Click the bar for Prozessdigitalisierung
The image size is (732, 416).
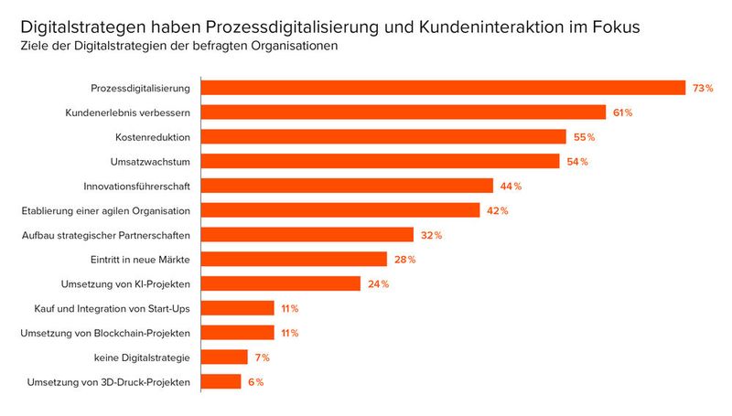(x=443, y=88)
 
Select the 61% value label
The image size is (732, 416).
(x=623, y=112)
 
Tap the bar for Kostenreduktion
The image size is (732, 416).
(x=383, y=137)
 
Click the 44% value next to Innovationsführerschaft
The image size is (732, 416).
(x=511, y=187)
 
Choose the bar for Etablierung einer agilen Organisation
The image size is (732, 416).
(x=340, y=210)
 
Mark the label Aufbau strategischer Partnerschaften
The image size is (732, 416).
(x=106, y=235)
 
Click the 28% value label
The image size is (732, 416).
(x=405, y=260)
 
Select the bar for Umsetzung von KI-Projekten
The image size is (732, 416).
(x=281, y=283)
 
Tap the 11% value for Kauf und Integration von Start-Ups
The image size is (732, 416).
(x=290, y=308)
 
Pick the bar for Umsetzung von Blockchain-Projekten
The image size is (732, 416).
(x=238, y=333)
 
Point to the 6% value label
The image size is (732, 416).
(x=255, y=382)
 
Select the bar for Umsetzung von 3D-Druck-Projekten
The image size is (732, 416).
(x=221, y=381)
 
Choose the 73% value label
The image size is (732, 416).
(x=703, y=88)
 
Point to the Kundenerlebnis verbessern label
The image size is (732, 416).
(x=127, y=112)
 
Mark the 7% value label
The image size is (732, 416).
(x=263, y=357)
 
